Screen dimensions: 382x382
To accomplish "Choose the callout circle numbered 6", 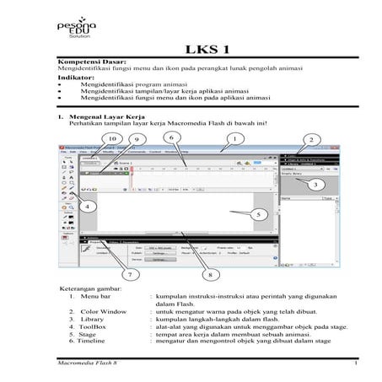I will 170,137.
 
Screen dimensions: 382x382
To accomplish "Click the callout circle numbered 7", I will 129,274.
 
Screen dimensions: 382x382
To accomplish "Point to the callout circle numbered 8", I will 208,274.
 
